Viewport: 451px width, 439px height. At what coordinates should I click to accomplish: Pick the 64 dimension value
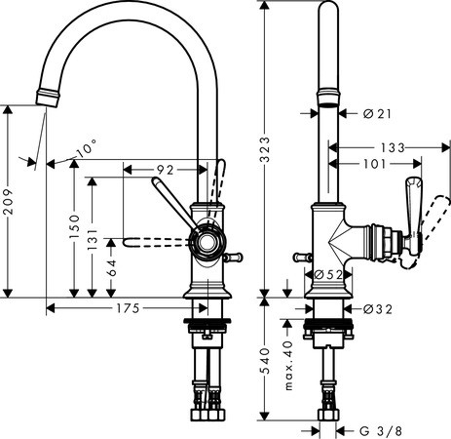point(114,266)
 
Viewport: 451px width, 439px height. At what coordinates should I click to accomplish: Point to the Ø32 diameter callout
point(376,310)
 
